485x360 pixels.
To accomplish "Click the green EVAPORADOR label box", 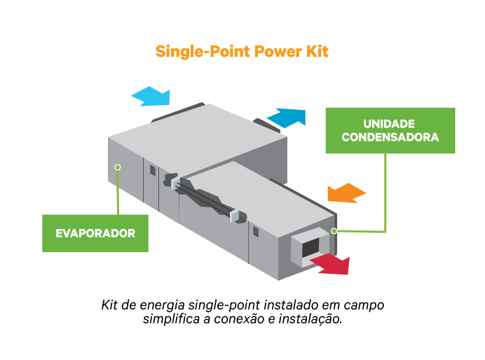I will [95, 233].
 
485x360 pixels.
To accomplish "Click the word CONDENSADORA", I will [390, 137].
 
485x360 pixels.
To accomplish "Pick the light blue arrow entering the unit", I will [151, 96].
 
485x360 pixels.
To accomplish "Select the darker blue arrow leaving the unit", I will [287, 116].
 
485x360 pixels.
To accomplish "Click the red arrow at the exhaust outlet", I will [330, 264].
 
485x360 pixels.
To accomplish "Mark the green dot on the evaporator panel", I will [118, 167].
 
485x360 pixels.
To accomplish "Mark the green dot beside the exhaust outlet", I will [334, 230].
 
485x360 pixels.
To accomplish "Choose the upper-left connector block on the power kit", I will [175, 184].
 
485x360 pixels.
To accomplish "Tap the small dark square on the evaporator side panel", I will [152, 170].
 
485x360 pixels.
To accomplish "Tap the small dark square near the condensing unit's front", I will [253, 230].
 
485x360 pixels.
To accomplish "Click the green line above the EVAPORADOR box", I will [118, 193].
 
